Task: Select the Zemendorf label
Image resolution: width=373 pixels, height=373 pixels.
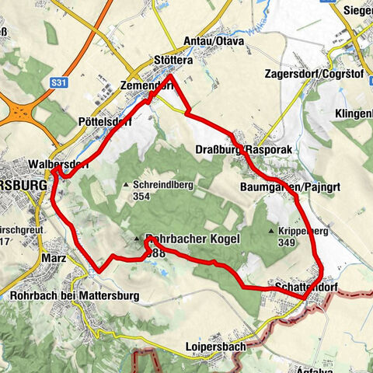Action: click(x=146, y=85)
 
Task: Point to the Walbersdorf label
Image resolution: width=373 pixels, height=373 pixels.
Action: click(x=58, y=165)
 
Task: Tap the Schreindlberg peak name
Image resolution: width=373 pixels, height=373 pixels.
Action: click(x=166, y=185)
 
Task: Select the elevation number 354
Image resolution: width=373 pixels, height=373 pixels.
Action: click(x=141, y=197)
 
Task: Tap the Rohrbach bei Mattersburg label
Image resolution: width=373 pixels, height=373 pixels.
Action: click(x=74, y=296)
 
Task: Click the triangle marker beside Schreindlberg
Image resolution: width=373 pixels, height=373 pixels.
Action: click(x=126, y=185)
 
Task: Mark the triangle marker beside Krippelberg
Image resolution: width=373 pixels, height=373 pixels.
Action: click(x=270, y=232)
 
